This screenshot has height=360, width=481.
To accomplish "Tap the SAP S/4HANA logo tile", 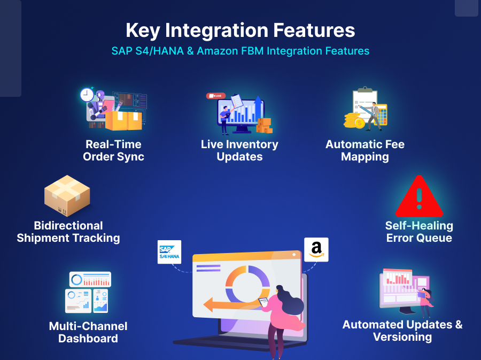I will click(169, 252).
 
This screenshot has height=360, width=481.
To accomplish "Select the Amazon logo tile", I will click(316, 249).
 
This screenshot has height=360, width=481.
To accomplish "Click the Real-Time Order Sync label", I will click(113, 150).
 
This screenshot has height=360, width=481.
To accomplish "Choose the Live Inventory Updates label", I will click(239, 150).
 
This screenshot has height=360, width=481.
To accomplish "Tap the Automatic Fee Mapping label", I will click(365, 150).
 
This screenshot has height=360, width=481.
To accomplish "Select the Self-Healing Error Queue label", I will click(419, 232).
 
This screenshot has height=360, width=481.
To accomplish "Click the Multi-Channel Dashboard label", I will click(88, 332).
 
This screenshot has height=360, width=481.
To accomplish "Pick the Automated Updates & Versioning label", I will click(402, 331).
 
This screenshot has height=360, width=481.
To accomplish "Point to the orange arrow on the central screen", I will click(224, 305).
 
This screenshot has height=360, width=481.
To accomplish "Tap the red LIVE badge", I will click(216, 96).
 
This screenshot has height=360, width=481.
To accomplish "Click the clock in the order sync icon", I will click(87, 95).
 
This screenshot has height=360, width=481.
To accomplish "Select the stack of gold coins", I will click(353, 120).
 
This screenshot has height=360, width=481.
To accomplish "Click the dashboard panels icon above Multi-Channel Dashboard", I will click(88, 292).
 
